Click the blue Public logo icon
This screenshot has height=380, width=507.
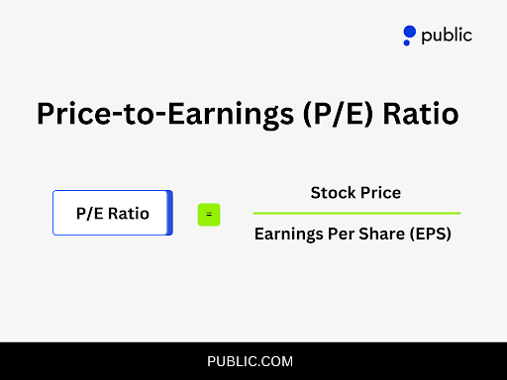coord(409,37)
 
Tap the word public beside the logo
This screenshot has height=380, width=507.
coord(447,36)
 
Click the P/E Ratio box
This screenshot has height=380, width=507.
coord(112,213)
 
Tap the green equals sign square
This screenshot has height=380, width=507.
coord(208,214)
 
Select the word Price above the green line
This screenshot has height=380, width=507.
coord(380,192)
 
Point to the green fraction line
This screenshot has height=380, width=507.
coord(356,213)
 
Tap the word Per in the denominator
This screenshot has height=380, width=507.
coord(340,236)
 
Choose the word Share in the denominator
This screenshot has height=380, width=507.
coord(379,236)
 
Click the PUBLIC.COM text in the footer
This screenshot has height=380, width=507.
coord(251,361)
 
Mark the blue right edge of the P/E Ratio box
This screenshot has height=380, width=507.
coord(170,213)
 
